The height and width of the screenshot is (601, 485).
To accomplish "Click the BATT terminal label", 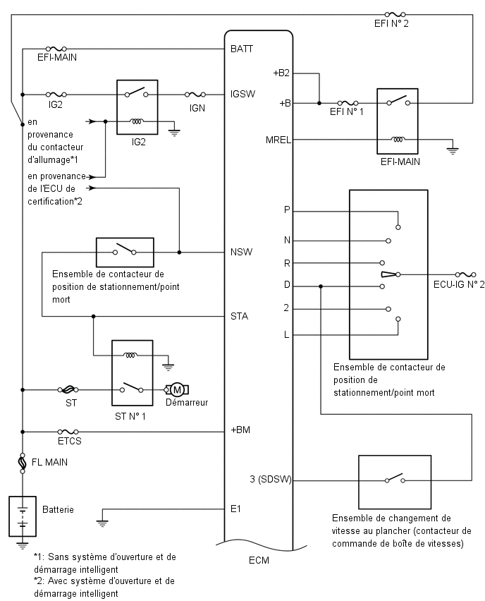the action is point(242,49).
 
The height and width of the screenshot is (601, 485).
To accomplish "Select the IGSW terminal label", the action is point(242,94).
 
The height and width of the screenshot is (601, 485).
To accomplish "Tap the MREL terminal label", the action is point(278,140).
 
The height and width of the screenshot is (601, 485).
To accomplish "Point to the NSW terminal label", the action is point(241,252).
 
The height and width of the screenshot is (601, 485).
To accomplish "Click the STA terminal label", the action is point(240,316).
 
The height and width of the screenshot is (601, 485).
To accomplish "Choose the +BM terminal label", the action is point(240,430).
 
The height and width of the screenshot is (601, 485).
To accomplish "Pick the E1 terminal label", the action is point(235,509).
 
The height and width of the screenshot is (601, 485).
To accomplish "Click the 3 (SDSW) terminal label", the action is point(271,479).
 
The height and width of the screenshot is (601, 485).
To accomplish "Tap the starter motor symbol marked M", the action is point(177,390).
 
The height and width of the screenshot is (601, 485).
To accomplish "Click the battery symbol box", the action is point(23,516).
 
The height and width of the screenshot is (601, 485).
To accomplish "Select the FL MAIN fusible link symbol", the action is point(23,462).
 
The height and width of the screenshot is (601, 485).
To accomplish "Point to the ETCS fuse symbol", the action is point(68,432).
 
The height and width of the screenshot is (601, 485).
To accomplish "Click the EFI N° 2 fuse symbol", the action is point(395,15).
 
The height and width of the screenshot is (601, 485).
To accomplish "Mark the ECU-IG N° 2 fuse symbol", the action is point(465,274).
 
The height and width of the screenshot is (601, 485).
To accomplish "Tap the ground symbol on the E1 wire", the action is point(102,523).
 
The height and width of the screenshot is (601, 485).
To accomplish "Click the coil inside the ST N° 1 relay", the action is point(130,355).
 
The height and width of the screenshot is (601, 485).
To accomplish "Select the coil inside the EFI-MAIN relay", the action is point(398,140).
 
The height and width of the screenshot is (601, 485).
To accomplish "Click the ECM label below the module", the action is point(259,560).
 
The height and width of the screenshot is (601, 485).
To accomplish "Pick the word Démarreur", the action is point(187,403).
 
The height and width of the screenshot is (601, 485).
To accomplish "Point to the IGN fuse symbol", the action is point(195,95).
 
